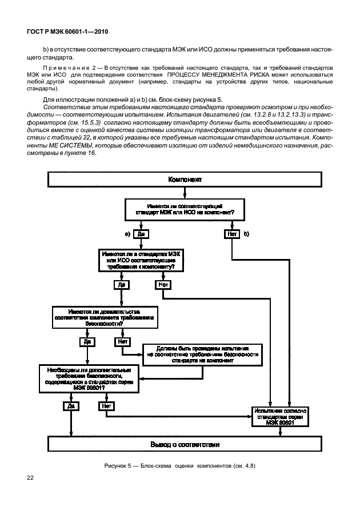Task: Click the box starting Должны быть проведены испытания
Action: (x=203, y=354)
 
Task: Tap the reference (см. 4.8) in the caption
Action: (x=242, y=465)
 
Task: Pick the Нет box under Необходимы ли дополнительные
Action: (x=106, y=407)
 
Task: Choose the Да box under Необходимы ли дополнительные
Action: (x=71, y=407)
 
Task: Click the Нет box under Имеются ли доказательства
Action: (x=122, y=342)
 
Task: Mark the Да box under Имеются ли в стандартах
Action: (x=121, y=284)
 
